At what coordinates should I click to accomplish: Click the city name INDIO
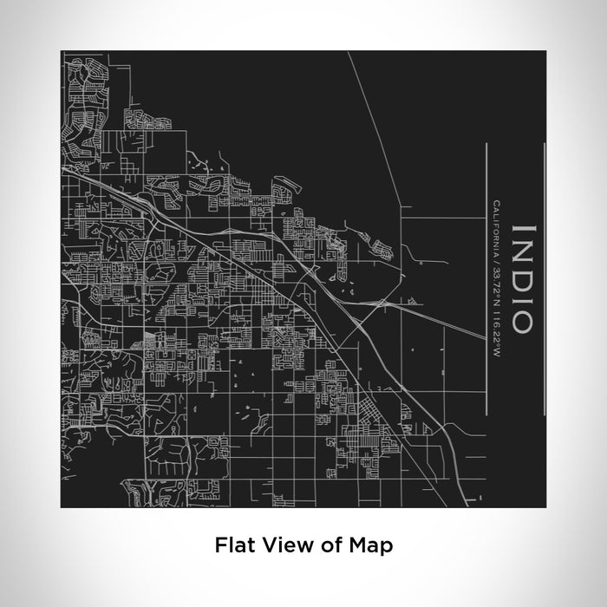tap(523, 278)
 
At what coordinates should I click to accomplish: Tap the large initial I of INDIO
tap(523, 229)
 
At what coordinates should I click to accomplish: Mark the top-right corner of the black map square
tap(546, 50)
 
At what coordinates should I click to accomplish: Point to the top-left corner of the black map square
tap(61, 50)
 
